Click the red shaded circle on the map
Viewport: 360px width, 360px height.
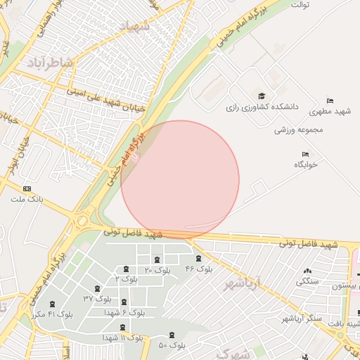180,180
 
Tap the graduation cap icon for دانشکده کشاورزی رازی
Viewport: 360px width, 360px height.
262,96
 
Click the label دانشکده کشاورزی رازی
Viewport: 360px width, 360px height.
262,108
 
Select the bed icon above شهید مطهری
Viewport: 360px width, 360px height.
330,101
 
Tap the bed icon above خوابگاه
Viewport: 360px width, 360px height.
305,154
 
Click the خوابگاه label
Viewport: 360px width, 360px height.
306,165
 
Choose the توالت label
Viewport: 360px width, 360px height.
301,4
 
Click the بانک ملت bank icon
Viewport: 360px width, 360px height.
27,188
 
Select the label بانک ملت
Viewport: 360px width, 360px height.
27,200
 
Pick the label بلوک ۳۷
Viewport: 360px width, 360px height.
98,298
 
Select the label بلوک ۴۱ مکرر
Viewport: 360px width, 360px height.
51,314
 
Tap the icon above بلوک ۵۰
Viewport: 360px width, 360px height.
173,335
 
